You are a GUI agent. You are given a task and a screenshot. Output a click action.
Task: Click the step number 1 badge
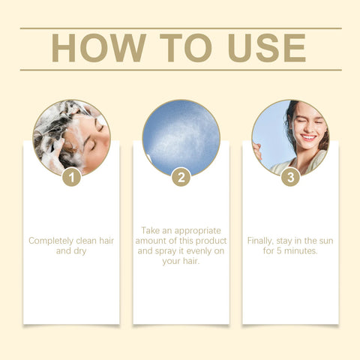pyautogui.click(x=71, y=177)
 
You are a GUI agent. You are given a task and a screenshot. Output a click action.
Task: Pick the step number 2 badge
pyautogui.click(x=181, y=177)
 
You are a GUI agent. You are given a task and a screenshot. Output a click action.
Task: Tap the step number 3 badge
pyautogui.click(x=290, y=177)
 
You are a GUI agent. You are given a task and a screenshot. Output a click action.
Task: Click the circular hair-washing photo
pyautogui.click(x=71, y=137)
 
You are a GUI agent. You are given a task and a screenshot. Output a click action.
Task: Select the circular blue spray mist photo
pyautogui.click(x=181, y=137)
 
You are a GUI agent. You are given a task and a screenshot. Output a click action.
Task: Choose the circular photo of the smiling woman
pyautogui.click(x=290, y=137)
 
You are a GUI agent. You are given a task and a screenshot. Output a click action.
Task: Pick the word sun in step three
pyautogui.click(x=324, y=241)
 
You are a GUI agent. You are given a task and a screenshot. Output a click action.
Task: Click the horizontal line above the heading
pyautogui.click(x=180, y=28)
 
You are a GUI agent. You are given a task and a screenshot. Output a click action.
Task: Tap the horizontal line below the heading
pyautogui.click(x=180, y=70)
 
